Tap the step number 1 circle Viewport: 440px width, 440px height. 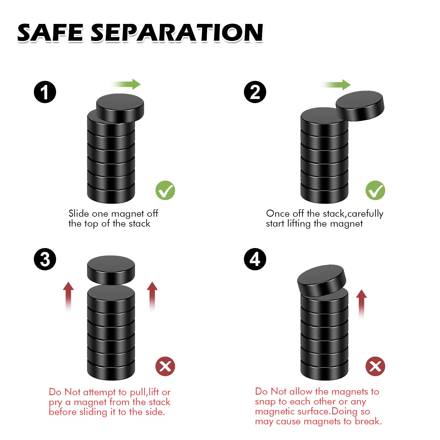[x=45, y=92]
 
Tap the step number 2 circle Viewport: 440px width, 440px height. [x=255, y=92]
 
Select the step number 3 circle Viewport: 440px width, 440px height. [x=45, y=259]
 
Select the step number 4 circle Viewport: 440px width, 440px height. [x=255, y=259]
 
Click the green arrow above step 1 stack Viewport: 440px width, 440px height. [x=126, y=84]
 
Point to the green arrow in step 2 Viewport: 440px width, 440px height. [x=336, y=85]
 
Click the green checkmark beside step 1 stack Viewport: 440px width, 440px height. [x=165, y=190]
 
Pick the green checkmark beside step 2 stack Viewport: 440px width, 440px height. [x=375, y=190]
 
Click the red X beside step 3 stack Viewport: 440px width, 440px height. [x=165, y=366]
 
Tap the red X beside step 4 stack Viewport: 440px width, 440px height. [x=375, y=366]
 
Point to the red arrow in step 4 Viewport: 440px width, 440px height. [x=361, y=305]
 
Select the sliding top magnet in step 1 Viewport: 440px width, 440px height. [x=120, y=108]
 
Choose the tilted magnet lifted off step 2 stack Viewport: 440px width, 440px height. [x=360, y=106]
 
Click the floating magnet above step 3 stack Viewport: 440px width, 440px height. [x=111, y=270]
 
